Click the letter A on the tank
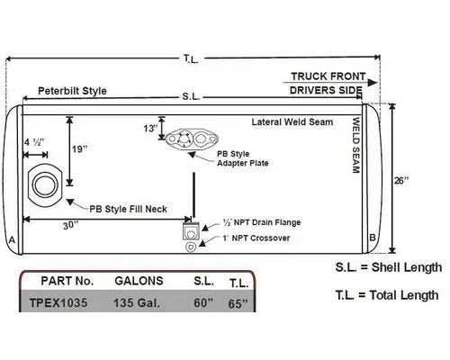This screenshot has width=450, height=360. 11,240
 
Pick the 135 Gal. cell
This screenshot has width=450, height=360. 138,303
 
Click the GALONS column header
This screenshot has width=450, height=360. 139,281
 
